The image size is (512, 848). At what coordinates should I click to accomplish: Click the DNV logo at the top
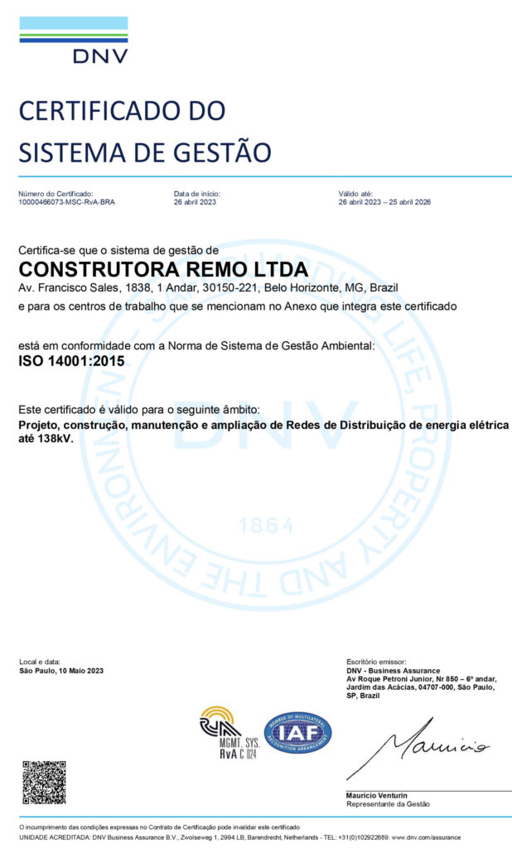[74, 40]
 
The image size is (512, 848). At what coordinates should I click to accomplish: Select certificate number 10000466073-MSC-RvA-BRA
[66, 202]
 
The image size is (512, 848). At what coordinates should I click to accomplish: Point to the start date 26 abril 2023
[195, 202]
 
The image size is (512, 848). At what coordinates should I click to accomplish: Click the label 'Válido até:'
[355, 193]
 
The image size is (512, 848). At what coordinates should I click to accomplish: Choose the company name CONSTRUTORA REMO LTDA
[163, 269]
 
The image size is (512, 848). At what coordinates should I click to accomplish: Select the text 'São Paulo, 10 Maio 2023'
[61, 671]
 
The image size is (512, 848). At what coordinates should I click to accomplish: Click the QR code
[43, 783]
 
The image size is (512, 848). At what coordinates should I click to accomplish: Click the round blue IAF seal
[297, 733]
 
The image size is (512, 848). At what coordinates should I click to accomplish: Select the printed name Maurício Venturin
[376, 796]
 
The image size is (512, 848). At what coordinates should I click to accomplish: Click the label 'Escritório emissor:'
[376, 662]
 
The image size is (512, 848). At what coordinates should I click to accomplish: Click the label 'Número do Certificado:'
[51, 193]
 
